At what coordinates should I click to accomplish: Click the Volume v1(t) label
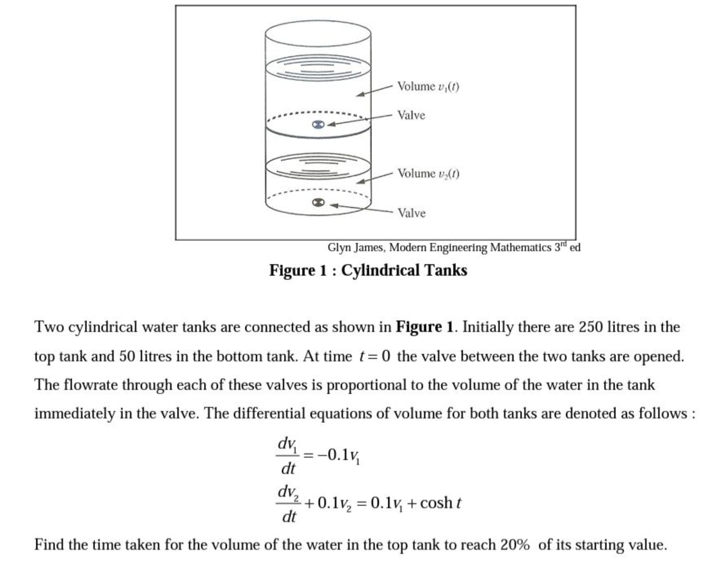428,87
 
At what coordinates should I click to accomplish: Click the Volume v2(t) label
428,174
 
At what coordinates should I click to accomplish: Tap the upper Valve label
411,115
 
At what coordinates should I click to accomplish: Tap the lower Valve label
411,213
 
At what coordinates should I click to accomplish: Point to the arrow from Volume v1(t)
374,90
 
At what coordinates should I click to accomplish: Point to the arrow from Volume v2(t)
374,178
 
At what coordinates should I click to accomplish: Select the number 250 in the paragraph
590,327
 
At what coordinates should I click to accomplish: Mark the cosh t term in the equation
440,503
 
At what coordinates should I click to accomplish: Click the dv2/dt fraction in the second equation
288,503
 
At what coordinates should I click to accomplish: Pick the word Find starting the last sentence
48,545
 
